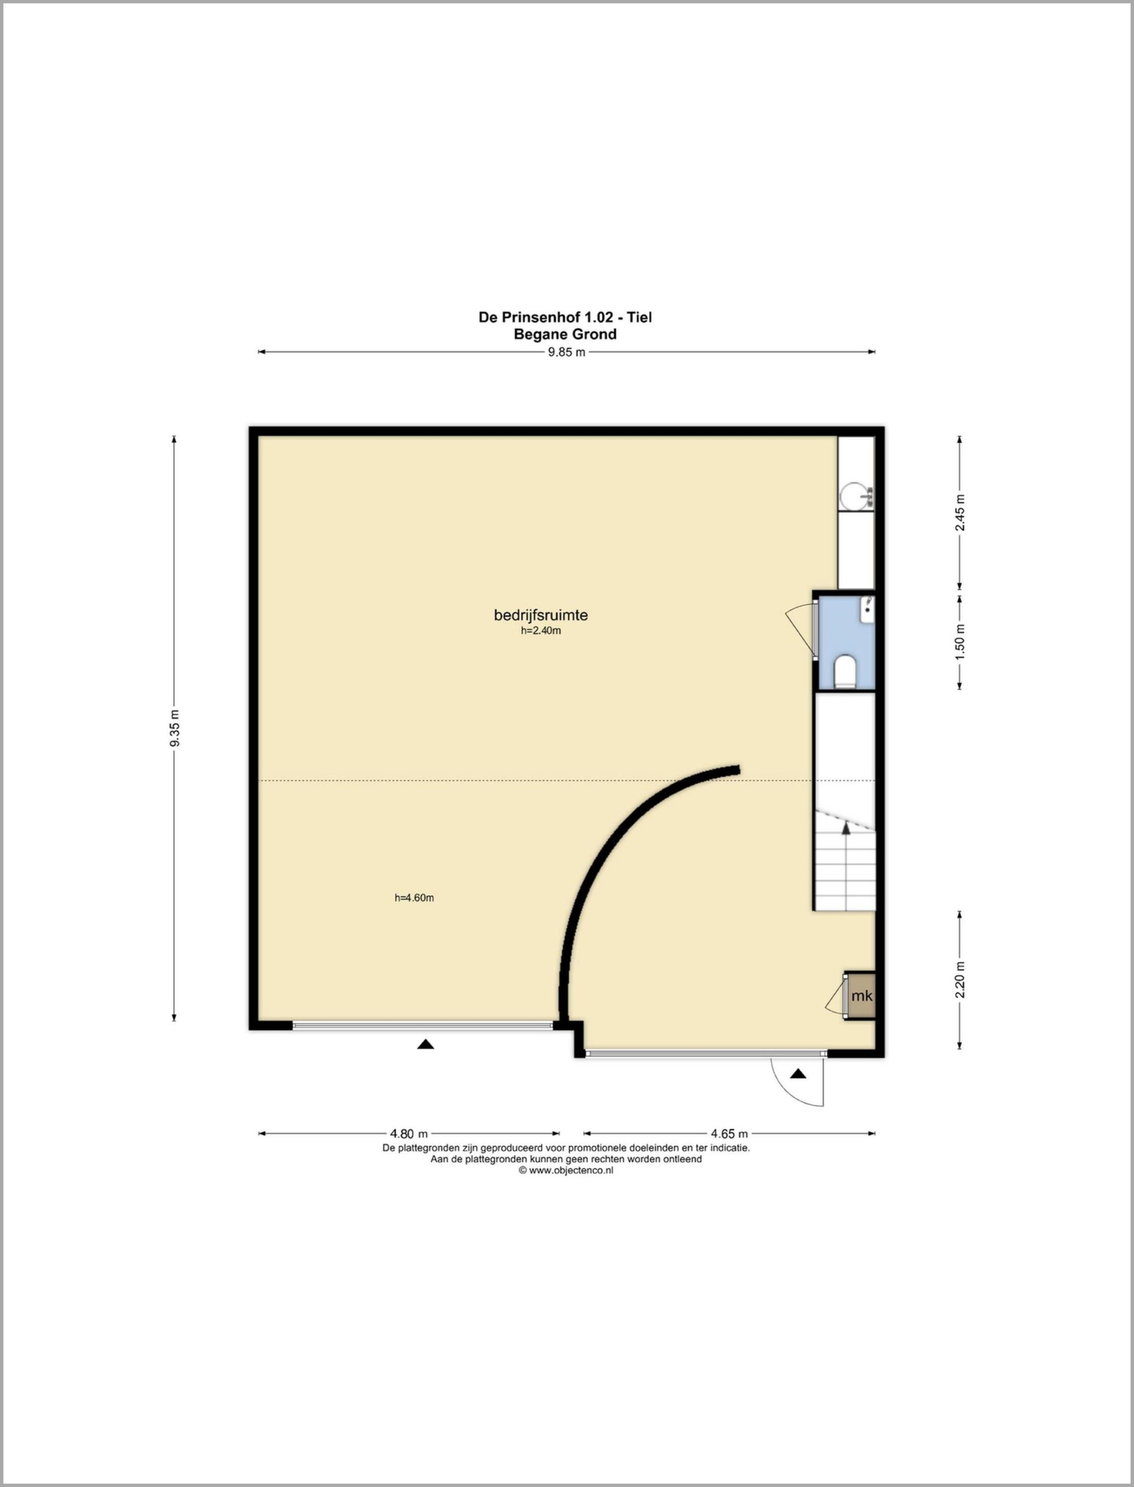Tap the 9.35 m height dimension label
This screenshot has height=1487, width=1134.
tap(175, 728)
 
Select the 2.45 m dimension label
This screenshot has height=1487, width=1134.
tap(960, 513)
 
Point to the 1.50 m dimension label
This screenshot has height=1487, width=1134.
tap(960, 642)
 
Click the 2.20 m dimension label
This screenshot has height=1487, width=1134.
tap(960, 979)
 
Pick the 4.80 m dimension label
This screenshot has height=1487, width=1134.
tap(409, 1134)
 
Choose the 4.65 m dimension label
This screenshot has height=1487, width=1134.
tap(729, 1134)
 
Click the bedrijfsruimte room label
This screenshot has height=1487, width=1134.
tap(541, 615)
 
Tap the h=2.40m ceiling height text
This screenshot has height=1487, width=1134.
tap(541, 631)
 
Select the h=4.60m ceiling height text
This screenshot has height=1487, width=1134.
tap(414, 898)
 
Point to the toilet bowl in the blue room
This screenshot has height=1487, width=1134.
tap(845, 671)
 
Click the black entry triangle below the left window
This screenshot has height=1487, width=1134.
tap(425, 1044)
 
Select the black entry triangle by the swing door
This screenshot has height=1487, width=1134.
tap(799, 1073)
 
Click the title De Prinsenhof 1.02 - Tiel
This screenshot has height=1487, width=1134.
tap(565, 317)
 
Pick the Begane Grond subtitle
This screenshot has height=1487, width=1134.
tap(565, 334)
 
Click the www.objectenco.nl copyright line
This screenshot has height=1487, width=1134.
tap(566, 1171)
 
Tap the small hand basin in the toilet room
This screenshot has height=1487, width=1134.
tap(867, 608)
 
